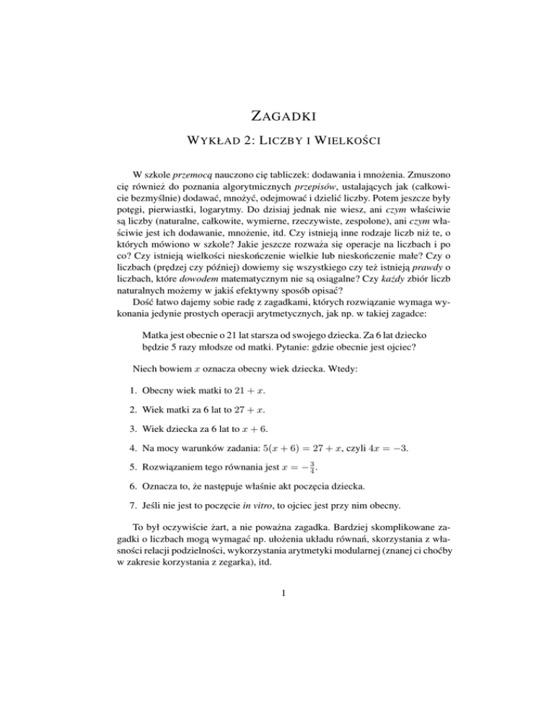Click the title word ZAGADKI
[x=276, y=114]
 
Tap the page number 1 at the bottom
[x=276, y=655]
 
